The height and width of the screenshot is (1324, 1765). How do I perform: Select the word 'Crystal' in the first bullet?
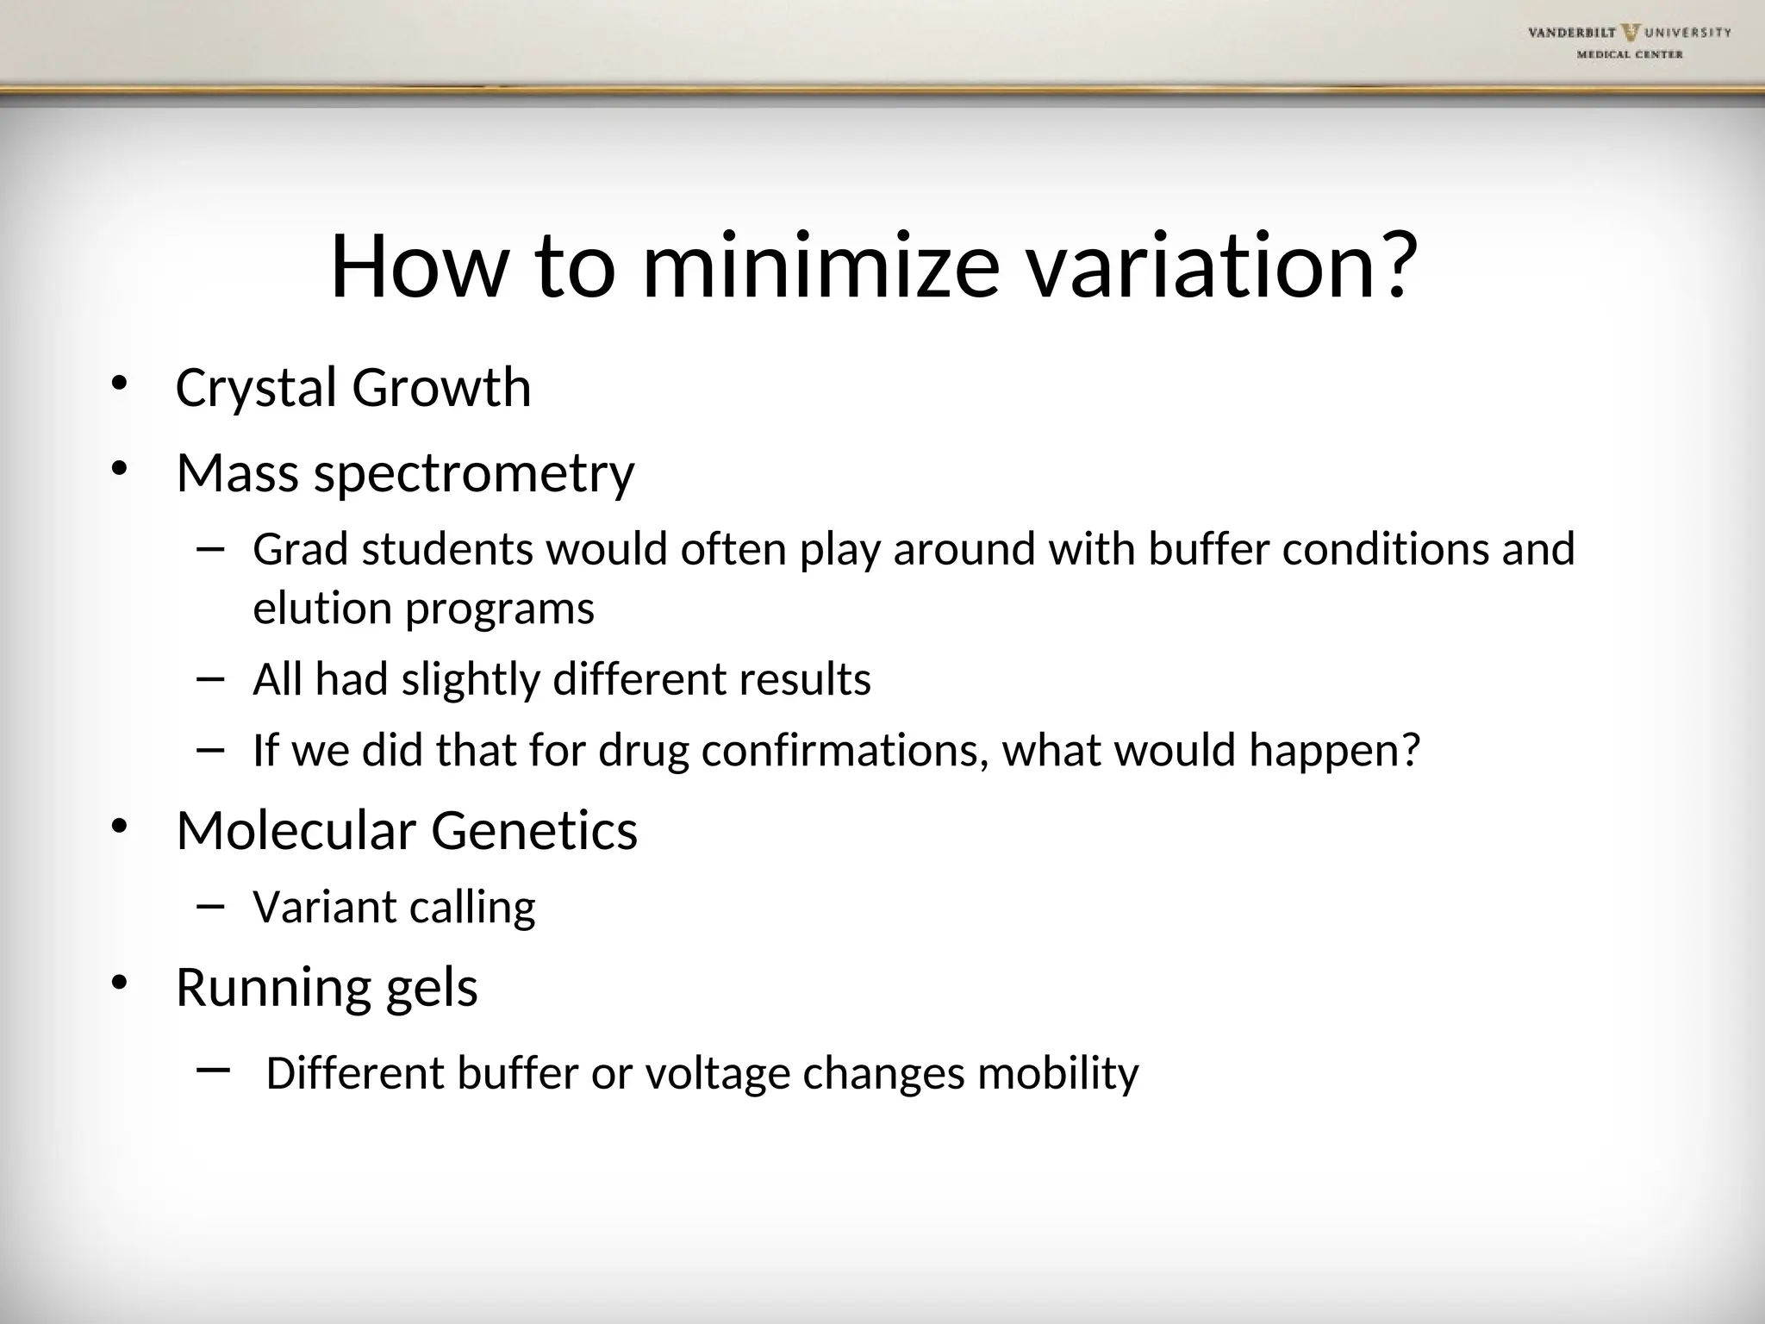coord(256,388)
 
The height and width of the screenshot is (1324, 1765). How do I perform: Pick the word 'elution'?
coord(322,609)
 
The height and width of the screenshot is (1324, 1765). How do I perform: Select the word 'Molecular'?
coord(296,831)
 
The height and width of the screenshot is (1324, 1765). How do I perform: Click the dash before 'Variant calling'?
coord(210,905)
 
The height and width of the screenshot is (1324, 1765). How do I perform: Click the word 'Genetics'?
coord(534,831)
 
